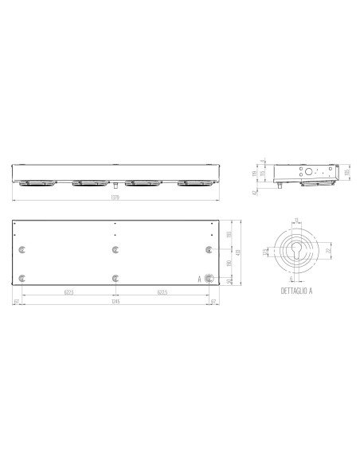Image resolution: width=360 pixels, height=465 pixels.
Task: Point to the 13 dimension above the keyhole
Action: pyautogui.click(x=297, y=221)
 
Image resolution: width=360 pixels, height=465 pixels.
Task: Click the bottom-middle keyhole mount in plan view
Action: pyautogui.click(x=116, y=279)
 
